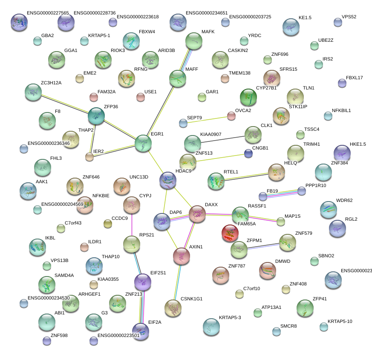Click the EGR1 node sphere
pos(143,144)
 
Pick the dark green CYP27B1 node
pos(248,98)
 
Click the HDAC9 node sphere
pos(168,181)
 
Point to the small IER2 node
pos(89,157)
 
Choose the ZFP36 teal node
pos(96,116)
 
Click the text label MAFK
pos(208,32)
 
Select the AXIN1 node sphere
pos(182,256)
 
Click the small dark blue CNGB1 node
pos(248,153)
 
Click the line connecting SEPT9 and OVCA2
pos(207,119)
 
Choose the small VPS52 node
pos(338,23)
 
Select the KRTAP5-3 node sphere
pos(211,327)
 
